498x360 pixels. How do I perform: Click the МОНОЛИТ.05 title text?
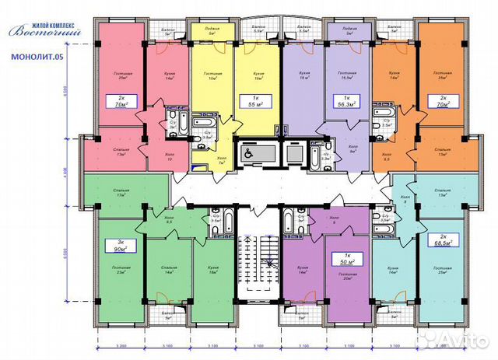38,57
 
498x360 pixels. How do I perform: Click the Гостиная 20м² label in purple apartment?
343,278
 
